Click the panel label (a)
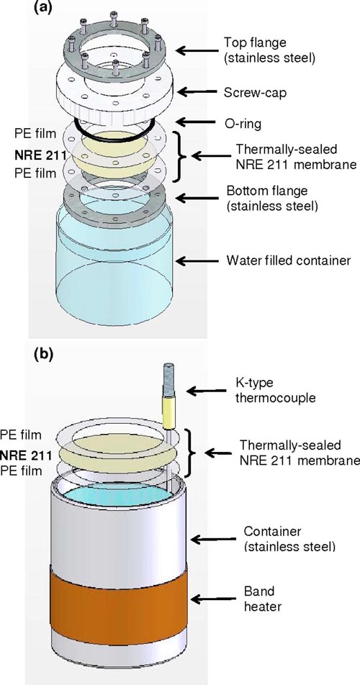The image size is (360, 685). [43, 9]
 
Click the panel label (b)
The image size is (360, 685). [43, 354]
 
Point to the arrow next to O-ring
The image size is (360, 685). [197, 123]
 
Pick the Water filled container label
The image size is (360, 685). [289, 260]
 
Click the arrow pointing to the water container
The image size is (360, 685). [197, 261]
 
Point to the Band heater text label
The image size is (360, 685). [259, 599]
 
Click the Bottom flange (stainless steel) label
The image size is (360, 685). [271, 198]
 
